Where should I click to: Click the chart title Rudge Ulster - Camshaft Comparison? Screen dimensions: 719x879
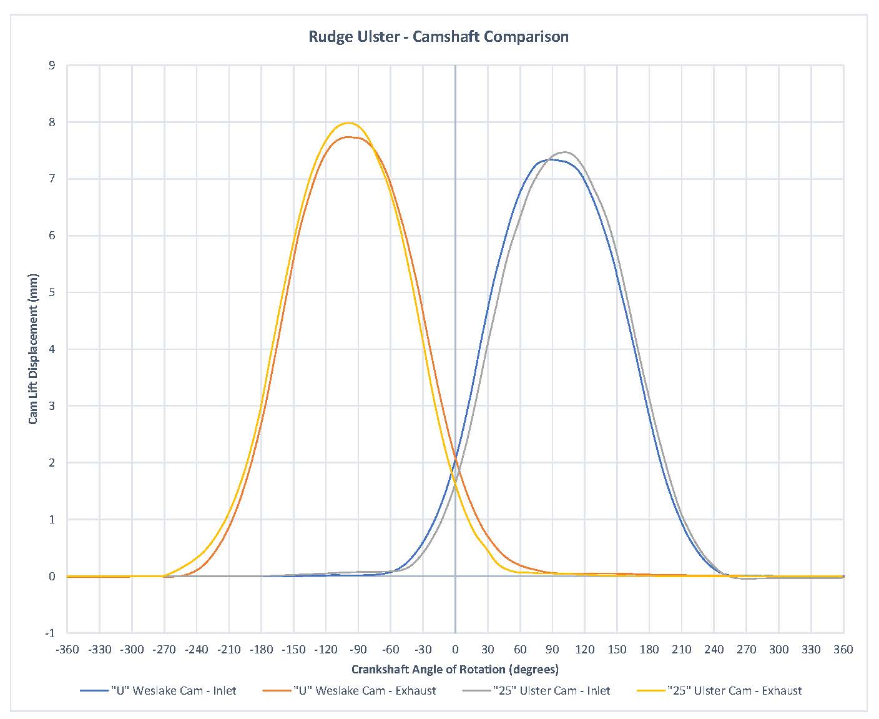click(x=438, y=37)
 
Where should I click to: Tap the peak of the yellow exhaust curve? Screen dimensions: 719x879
click(x=348, y=123)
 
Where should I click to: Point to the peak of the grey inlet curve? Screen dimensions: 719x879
click(x=565, y=152)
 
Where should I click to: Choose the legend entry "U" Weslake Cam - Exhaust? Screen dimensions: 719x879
click(x=365, y=690)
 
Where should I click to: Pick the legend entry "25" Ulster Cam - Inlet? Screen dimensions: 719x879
click(x=551, y=690)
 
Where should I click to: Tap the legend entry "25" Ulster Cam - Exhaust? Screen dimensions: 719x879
click(x=734, y=690)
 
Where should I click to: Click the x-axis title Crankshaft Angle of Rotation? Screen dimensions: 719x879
click(x=454, y=670)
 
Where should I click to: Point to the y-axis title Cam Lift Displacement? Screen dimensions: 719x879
click(x=33, y=349)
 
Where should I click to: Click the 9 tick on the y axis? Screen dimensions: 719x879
click(x=51, y=66)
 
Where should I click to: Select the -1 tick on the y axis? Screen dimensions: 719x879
click(x=49, y=633)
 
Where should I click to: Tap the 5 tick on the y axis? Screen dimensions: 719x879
click(x=51, y=292)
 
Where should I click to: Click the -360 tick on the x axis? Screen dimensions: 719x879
click(x=67, y=650)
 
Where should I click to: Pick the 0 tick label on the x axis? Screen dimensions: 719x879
click(x=455, y=650)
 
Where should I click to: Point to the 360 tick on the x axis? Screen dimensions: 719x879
click(x=843, y=650)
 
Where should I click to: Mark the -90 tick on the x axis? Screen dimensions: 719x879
click(x=358, y=650)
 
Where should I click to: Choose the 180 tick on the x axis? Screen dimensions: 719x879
click(x=649, y=650)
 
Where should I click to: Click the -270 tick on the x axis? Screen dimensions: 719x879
click(x=164, y=650)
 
